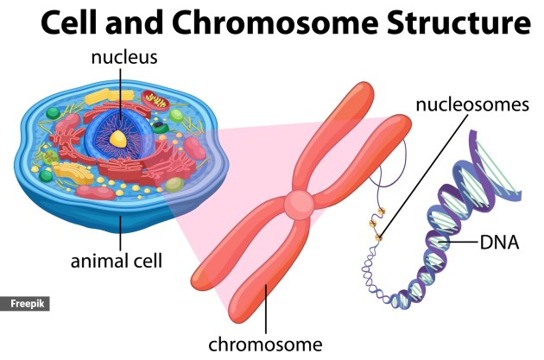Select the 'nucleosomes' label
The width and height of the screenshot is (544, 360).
[471, 105]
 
